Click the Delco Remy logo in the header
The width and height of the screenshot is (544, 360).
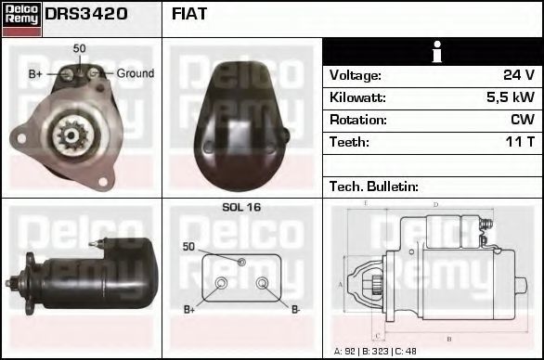pyautogui.click(x=21, y=19)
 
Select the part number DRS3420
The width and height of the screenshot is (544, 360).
pyautogui.click(x=86, y=14)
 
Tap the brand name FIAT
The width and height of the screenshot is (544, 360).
pyautogui.click(x=189, y=14)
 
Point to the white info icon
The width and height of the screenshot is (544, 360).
pyautogui.click(x=437, y=52)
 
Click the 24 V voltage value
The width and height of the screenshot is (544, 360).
pyautogui.click(x=519, y=75)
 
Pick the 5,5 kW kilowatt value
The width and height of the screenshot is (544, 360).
pyautogui.click(x=511, y=97)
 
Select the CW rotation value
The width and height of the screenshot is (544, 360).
pyautogui.click(x=523, y=120)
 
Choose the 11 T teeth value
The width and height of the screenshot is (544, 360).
pyautogui.click(x=520, y=142)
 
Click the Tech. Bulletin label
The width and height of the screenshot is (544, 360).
pyautogui.click(x=374, y=186)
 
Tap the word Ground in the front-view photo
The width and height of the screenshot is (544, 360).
pyautogui.click(x=136, y=73)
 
